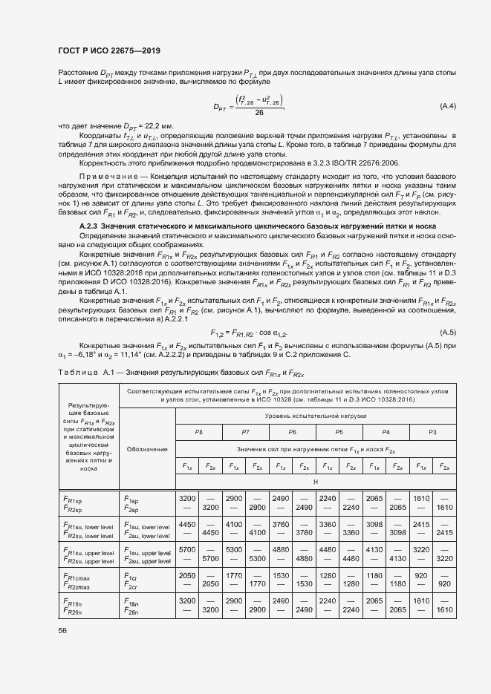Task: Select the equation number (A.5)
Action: click(448, 331)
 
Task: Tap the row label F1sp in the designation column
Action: click(132, 501)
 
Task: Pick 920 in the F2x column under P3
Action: click(444, 585)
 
